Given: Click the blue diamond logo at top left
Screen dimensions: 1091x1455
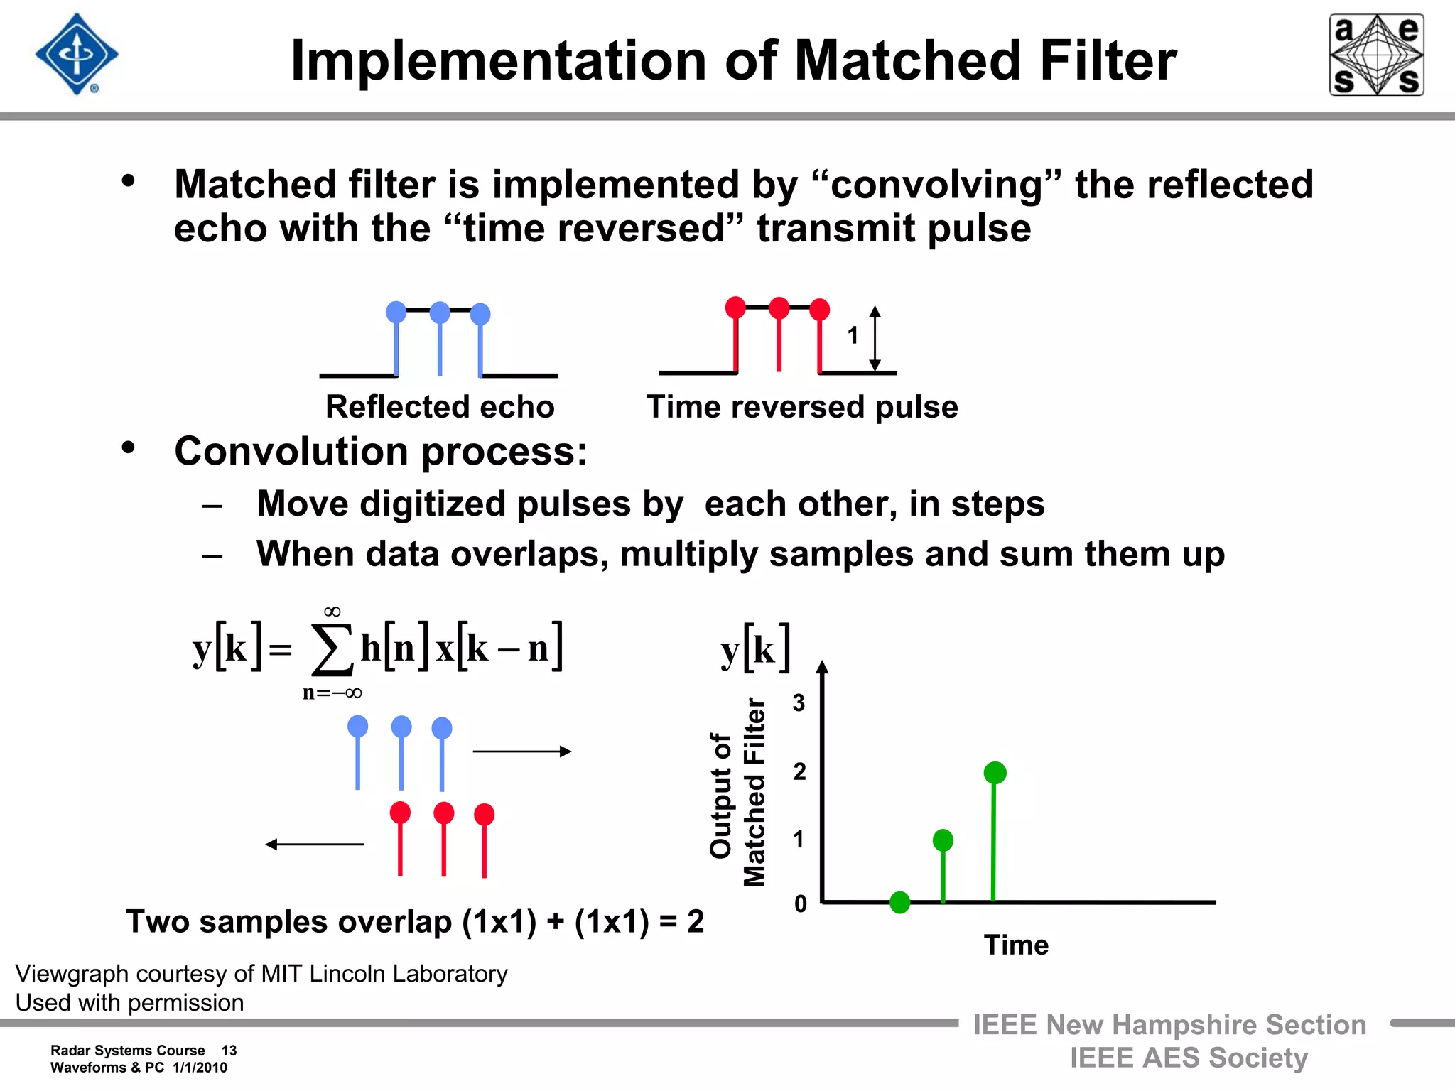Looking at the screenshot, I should (x=77, y=54).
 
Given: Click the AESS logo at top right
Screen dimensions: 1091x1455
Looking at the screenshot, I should (x=1376, y=55).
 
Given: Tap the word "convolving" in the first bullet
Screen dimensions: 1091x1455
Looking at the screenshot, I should (x=936, y=185).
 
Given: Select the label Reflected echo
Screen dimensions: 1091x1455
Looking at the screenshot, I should (x=440, y=407).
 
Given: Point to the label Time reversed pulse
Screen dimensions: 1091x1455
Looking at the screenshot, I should (x=802, y=407).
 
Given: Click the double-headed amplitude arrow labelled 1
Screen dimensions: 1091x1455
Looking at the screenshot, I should (x=875, y=339).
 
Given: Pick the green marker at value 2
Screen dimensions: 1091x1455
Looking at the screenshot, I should (x=995, y=773).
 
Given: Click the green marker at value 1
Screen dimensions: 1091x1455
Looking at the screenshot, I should (x=943, y=840).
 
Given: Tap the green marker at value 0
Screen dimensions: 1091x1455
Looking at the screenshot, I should (x=899, y=902).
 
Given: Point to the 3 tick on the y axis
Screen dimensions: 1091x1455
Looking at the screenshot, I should (x=799, y=703).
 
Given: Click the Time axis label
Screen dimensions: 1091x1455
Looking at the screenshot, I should (x=1016, y=945).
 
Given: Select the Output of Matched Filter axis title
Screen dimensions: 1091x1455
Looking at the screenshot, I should (x=738, y=793).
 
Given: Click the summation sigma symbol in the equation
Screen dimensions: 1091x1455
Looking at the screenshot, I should (x=332, y=649).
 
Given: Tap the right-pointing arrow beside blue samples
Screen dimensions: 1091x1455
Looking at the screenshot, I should (x=522, y=751).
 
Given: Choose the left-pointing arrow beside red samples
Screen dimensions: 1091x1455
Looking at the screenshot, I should (x=314, y=844).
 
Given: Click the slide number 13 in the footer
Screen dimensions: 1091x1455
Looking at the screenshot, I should (x=229, y=1051).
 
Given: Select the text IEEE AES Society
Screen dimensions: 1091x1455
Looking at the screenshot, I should (x=1189, y=1058).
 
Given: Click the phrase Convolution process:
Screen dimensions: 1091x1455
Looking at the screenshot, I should (x=381, y=452).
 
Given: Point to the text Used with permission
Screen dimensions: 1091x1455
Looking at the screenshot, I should (x=130, y=1002).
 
